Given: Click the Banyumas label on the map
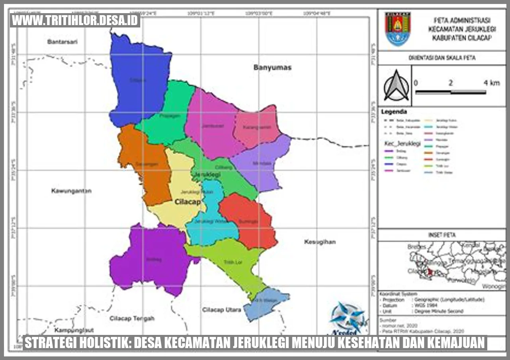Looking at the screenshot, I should pyautogui.click(x=273, y=68).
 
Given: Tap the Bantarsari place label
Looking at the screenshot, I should pyautogui.click(x=62, y=42).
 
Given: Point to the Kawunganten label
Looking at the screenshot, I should pyautogui.click(x=71, y=191).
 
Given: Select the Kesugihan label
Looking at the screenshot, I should pyautogui.click(x=320, y=242).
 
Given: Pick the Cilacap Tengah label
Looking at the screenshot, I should pyautogui.click(x=132, y=319).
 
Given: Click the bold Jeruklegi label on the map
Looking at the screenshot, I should pyautogui.click(x=208, y=174).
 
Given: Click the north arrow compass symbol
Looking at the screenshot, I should pyautogui.click(x=396, y=86).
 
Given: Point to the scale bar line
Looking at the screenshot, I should pyautogui.click(x=451, y=92).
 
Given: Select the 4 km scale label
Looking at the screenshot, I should pyautogui.click(x=491, y=83).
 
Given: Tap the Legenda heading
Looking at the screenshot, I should pyautogui.click(x=394, y=112).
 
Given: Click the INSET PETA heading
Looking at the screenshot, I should pyautogui.click(x=441, y=235).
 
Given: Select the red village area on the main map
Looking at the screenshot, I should pyautogui.click(x=248, y=221).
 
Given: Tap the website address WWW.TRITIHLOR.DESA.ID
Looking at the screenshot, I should pyautogui.click(x=75, y=20).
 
